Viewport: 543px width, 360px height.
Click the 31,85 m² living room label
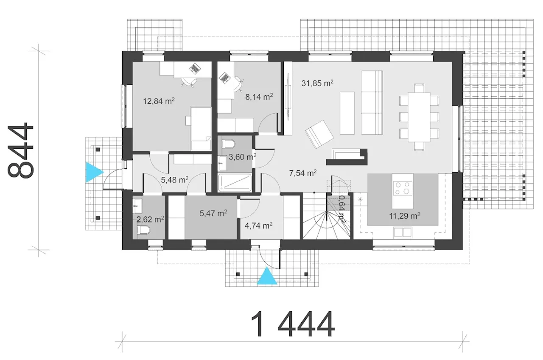317,83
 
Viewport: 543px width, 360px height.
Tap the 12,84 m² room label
159,101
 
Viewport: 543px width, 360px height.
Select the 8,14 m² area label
259,97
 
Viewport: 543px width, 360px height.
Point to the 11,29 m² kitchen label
405,215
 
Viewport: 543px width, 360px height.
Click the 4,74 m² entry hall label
259,226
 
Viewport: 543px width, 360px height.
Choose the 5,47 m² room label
213,213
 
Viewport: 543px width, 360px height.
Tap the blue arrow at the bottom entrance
267,276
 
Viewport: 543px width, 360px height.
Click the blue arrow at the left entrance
95,172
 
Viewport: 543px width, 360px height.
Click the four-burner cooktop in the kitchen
402,188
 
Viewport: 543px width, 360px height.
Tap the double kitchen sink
403,232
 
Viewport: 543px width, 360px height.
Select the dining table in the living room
419,117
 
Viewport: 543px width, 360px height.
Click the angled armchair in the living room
319,134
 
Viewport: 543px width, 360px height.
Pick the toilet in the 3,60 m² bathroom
228,144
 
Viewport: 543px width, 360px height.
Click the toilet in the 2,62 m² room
143,230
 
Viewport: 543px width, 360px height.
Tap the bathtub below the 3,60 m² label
235,183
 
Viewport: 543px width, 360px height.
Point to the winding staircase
326,216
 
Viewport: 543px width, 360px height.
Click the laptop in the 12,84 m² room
195,68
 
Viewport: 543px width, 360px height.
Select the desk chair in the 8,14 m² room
238,84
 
